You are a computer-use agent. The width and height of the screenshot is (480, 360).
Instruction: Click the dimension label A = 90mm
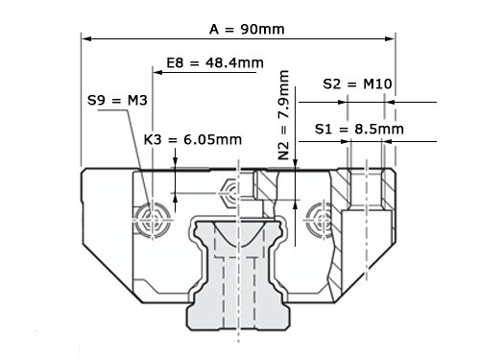click(x=247, y=30)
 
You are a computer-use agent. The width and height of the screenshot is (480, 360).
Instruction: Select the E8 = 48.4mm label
click(x=215, y=62)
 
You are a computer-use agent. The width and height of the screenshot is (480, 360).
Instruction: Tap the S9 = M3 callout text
click(x=117, y=101)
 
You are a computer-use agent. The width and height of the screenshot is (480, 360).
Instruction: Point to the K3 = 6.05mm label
click(x=193, y=139)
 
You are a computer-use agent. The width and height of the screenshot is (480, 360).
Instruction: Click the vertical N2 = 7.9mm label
click(x=283, y=114)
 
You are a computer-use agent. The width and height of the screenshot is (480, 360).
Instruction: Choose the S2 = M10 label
click(x=357, y=84)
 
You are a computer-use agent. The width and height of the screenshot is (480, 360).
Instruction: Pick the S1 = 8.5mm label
click(x=359, y=129)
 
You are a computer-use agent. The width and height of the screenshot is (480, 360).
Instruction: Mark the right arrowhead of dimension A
click(x=390, y=38)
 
